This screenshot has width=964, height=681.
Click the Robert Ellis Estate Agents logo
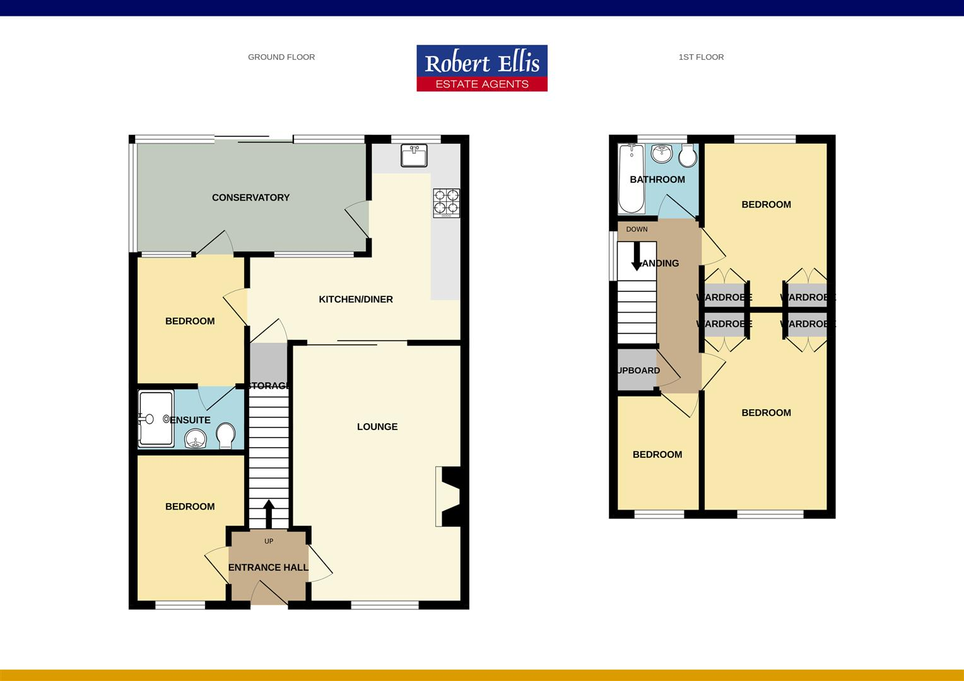coord(481,68)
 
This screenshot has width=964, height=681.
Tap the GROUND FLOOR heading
coord(281,57)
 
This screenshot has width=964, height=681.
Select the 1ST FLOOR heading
coord(701,57)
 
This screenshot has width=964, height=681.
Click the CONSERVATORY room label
coord(250,197)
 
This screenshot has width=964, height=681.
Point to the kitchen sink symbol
coord(414,155)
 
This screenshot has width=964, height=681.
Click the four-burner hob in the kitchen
coord(446,202)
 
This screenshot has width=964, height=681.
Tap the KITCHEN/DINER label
coord(356,300)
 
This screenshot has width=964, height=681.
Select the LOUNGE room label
coord(377,427)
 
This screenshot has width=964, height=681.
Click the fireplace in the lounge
coord(449,496)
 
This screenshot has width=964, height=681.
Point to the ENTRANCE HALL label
coord(268,567)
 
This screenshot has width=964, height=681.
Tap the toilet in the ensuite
coord(225,435)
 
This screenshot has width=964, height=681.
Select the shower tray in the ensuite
coord(155,419)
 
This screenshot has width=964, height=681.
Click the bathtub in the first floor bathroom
coord(631,178)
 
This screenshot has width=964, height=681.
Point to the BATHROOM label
coord(657,180)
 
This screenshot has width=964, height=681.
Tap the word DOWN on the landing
coord(637,230)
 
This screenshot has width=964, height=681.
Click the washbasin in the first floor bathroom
coord(661,153)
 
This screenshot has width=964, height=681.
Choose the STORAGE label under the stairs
coord(269,386)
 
